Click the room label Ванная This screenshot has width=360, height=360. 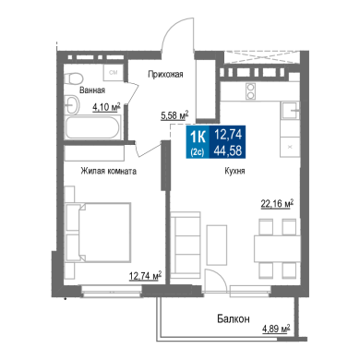point(92,90)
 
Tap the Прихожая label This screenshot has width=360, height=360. point(165,74)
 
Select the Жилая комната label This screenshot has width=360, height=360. point(109,171)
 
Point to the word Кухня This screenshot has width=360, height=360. point(234,171)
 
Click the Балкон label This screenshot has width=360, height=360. point(234,318)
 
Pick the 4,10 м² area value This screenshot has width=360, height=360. point(106,107)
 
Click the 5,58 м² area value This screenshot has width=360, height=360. point(174,115)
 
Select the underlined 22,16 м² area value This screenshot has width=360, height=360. point(277,203)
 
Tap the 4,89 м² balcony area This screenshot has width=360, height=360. point(276,329)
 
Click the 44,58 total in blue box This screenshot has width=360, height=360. point(228,150)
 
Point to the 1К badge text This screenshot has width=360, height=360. point(198,137)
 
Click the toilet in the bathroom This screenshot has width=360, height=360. point(74,78)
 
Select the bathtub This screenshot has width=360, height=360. point(92,127)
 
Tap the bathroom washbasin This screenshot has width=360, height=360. point(72,105)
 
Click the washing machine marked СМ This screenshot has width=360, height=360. point(114,73)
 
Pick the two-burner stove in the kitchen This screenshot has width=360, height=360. point(251,91)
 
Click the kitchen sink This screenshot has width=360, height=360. point(290,110)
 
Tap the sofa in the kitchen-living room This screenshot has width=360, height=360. point(186,244)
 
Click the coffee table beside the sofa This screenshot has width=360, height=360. point(217,245)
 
